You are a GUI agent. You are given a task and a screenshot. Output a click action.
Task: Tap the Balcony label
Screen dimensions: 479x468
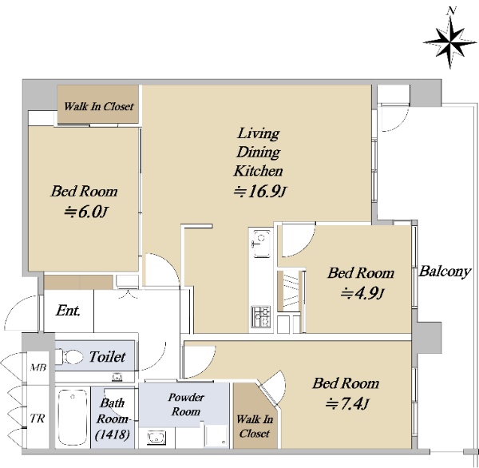[444, 272]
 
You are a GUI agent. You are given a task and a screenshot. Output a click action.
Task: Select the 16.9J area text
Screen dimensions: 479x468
[260, 192]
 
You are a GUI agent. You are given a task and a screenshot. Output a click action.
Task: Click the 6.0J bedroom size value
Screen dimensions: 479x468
[85, 212]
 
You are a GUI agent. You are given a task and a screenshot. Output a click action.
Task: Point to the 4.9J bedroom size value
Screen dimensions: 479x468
[362, 293]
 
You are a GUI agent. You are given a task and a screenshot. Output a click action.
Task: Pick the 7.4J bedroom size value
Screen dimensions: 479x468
[346, 403]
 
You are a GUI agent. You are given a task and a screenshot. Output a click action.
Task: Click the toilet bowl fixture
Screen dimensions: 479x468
[69, 356]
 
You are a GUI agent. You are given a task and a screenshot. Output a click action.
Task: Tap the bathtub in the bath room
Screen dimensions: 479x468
[73, 417]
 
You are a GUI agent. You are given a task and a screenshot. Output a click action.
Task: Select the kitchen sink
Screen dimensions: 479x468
[260, 244]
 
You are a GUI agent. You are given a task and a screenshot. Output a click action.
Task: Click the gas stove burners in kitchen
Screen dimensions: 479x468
[261, 317]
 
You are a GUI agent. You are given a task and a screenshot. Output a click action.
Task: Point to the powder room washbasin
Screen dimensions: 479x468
[156, 437]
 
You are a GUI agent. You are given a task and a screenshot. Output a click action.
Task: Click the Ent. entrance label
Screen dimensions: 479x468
[68, 311]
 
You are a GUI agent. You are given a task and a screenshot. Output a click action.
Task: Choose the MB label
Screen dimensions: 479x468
[38, 367]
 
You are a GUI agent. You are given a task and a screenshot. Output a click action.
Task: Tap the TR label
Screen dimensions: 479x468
[38, 418]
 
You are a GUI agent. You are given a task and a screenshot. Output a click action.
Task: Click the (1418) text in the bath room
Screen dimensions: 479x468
[112, 434]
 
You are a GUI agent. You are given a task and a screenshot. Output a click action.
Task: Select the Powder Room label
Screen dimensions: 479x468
[186, 404]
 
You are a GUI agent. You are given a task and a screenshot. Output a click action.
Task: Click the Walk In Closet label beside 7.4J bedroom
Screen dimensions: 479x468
[255, 426]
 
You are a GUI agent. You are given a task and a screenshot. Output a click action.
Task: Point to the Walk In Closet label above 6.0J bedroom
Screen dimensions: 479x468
[99, 106]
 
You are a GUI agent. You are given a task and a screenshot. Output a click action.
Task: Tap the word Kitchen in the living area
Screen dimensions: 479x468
[258, 171]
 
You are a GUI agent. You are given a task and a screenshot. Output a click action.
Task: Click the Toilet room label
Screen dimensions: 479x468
[107, 356]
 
